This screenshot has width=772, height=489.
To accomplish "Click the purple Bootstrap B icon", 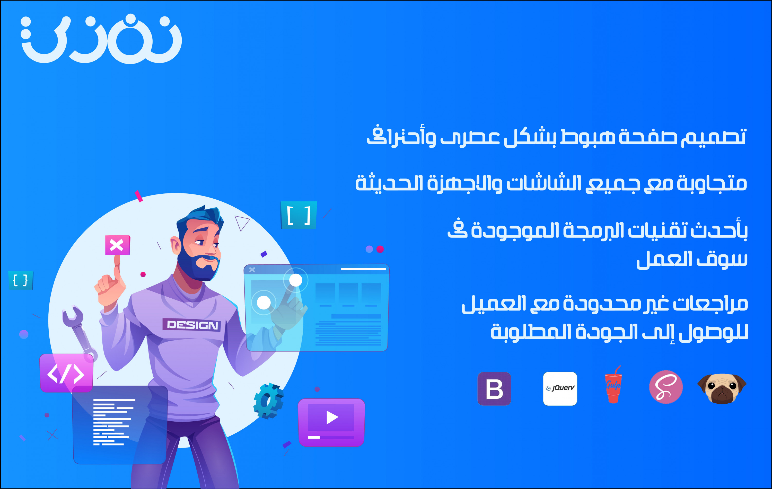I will tap(494, 389).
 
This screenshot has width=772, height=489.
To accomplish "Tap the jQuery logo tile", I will tap(560, 389).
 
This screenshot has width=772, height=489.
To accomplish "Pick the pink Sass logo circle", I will tap(666, 387).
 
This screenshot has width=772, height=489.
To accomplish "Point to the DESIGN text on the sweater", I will tap(192, 325).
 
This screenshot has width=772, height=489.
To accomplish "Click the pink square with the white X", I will tap(117, 245).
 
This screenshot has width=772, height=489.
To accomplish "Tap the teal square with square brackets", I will tap(299, 215).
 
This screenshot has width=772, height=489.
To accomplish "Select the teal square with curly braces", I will tap(21, 280).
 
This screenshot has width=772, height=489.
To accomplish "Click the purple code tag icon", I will tap(66, 373).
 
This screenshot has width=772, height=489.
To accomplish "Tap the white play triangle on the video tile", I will tap(331, 417).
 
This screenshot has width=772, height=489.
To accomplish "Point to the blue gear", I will tap(268, 401).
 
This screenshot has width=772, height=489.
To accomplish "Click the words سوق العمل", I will tap(691, 260).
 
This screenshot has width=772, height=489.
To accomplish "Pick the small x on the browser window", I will tap(252, 270).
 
